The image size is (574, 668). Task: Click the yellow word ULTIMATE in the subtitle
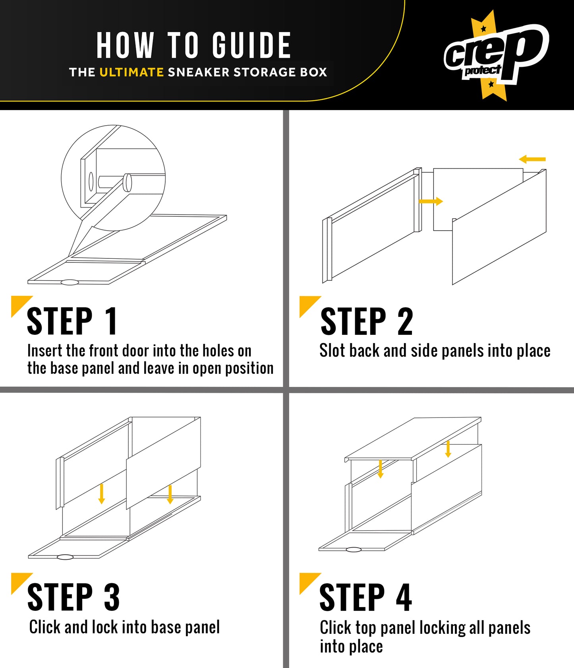pyautogui.click(x=131, y=72)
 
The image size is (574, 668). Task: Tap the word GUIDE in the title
pyautogui.click(x=251, y=45)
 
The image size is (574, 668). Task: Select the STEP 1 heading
pyautogui.click(x=72, y=321)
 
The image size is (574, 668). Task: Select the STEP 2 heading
pyautogui.click(x=367, y=321)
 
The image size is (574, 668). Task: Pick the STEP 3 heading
pyautogui.click(x=73, y=597)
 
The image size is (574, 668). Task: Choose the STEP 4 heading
pyautogui.click(x=366, y=597)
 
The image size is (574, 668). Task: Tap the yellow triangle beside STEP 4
pyautogui.click(x=308, y=581)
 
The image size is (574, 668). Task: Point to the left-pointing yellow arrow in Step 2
pyautogui.click(x=532, y=159)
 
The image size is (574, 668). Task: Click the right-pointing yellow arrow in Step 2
pyautogui.click(x=431, y=202)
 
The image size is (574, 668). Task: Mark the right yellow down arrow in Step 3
pyautogui.click(x=170, y=494)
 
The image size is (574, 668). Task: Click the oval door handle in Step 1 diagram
pyautogui.click(x=70, y=282)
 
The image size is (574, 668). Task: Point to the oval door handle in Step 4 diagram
pyautogui.click(x=354, y=550)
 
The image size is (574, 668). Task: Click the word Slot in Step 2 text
pyautogui.click(x=332, y=351)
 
